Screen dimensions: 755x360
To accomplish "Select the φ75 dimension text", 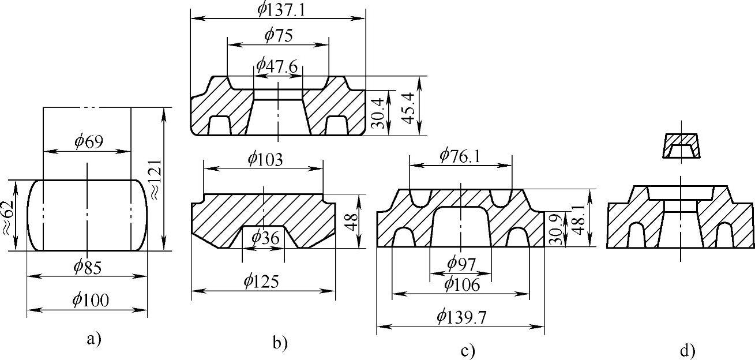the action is (279, 35).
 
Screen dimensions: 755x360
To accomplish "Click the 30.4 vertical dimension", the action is (378, 113).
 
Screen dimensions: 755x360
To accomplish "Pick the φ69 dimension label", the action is (89, 141).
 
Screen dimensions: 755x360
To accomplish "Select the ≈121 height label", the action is (156, 179).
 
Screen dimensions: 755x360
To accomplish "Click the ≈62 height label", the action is (7, 217).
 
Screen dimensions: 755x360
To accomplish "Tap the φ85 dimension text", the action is (87, 268).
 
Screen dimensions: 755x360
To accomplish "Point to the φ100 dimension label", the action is (91, 299).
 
